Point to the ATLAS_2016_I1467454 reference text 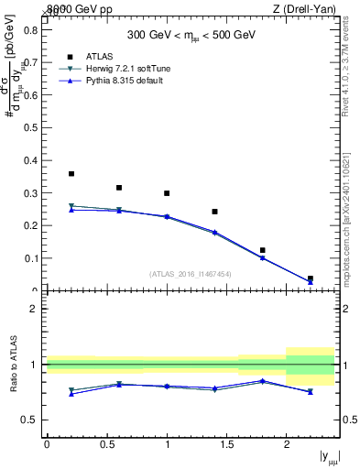tap(190, 273)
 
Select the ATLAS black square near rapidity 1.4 tap(214, 212)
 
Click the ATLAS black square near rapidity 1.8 tap(262, 250)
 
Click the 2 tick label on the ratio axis tap(34, 310)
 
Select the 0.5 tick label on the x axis tap(106, 444)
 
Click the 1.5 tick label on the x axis tap(226, 444)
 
